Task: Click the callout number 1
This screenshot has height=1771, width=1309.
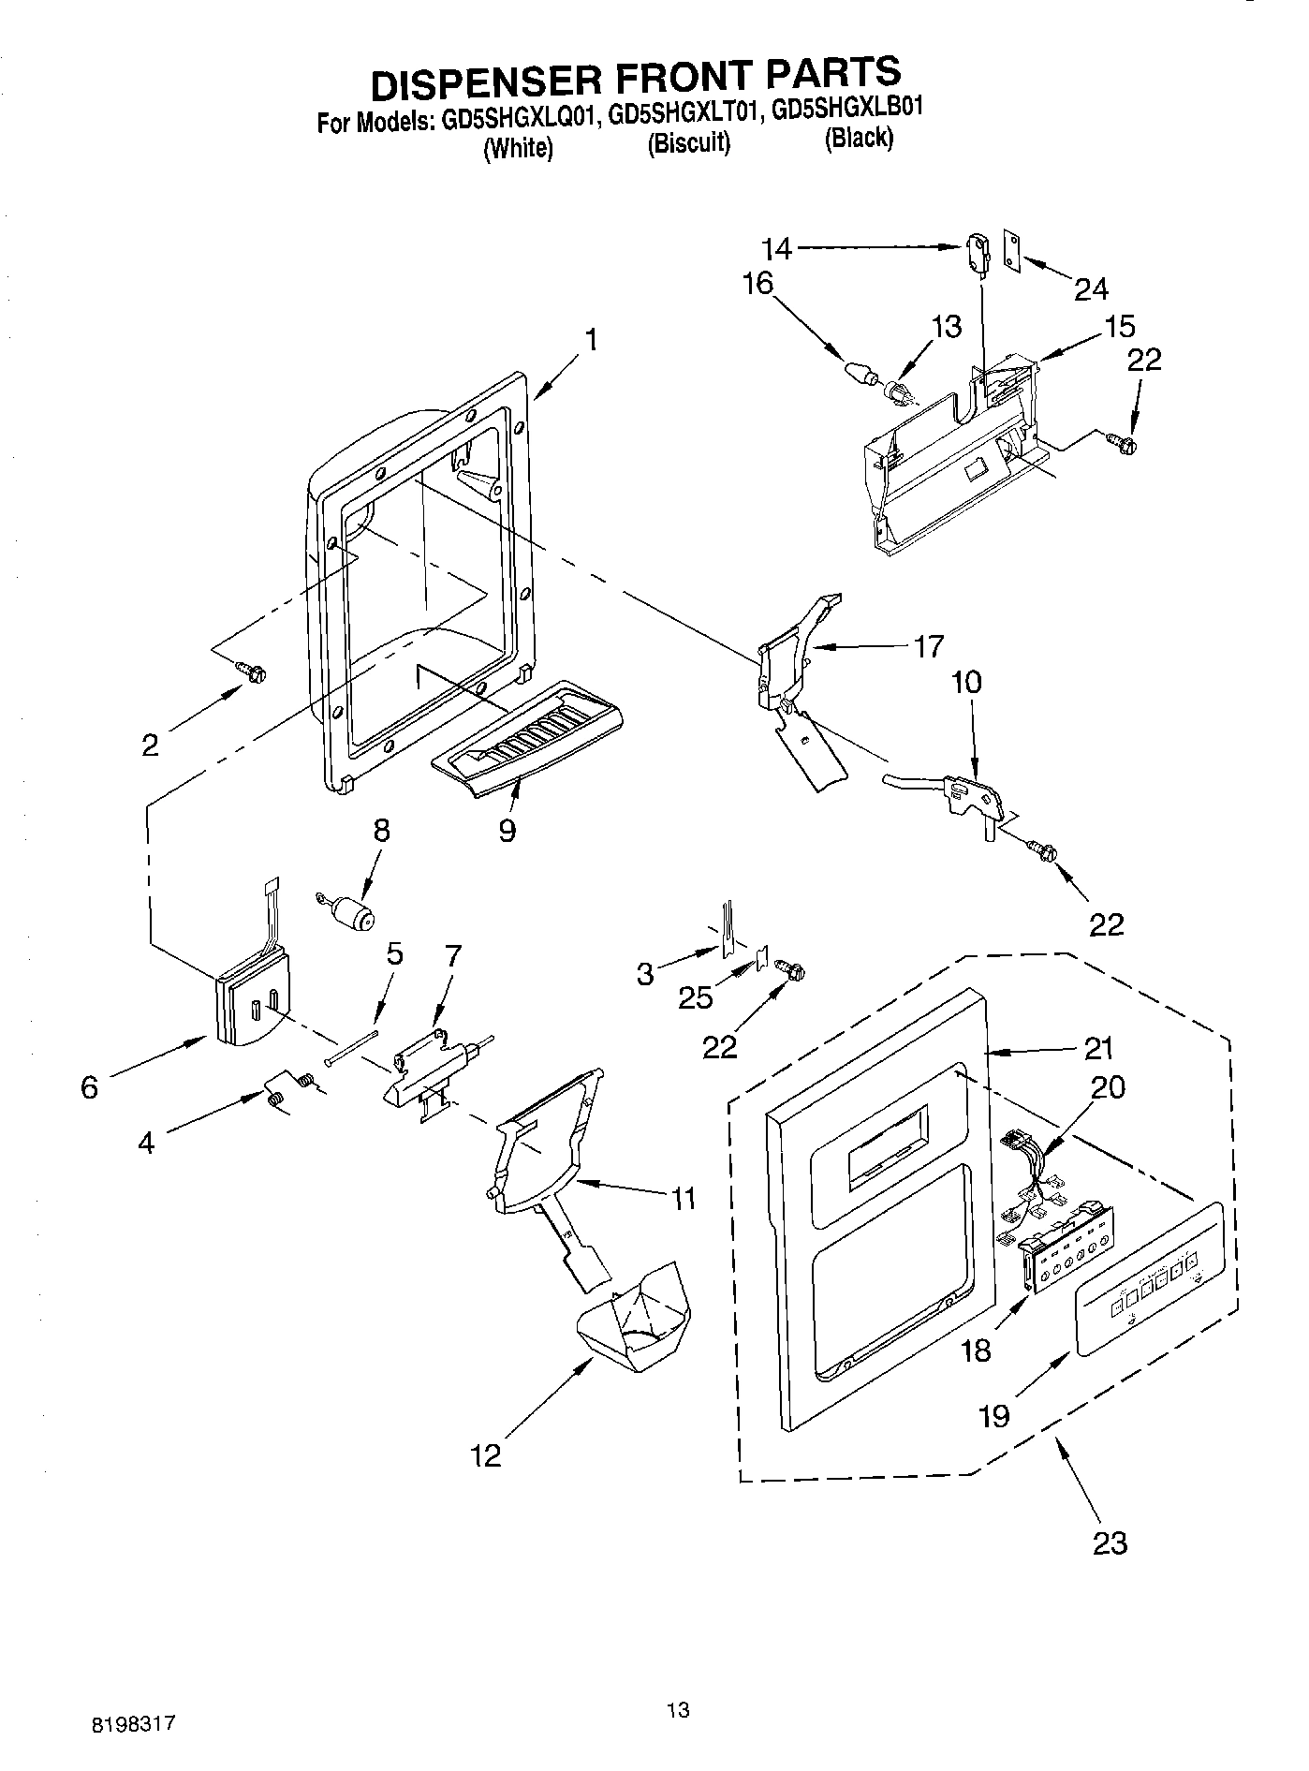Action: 592,339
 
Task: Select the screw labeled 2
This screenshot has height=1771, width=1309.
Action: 252,671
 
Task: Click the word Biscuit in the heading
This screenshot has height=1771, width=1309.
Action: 688,143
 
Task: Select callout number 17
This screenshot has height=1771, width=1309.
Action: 928,646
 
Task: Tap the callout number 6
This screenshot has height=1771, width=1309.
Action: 89,1087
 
